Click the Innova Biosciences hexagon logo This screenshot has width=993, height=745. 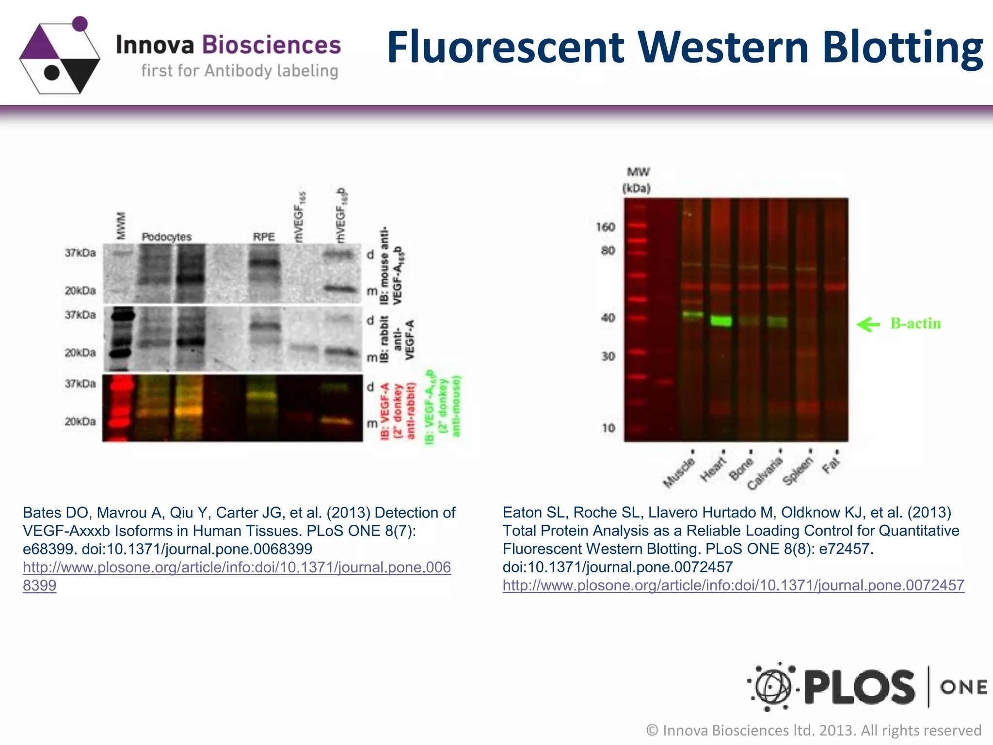click(x=59, y=56)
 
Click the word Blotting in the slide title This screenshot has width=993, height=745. click(x=902, y=48)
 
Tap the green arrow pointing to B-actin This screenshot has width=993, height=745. click(x=868, y=324)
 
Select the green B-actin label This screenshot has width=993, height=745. click(x=915, y=324)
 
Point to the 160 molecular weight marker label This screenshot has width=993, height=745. click(x=605, y=227)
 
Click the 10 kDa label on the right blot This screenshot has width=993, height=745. click(x=608, y=428)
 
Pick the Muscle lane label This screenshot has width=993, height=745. click(x=679, y=472)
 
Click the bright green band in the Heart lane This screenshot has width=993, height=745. click(x=721, y=321)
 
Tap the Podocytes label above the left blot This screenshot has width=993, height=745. click(x=166, y=237)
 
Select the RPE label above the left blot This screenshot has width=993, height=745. click(x=264, y=237)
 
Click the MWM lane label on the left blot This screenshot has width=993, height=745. click(x=121, y=226)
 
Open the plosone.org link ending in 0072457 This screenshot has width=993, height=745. click(x=733, y=585)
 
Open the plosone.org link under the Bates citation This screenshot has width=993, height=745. click(x=237, y=567)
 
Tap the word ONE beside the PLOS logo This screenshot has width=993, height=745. click(x=963, y=687)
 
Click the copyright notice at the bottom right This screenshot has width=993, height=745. click(x=814, y=730)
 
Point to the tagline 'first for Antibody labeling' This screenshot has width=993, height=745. click(x=240, y=71)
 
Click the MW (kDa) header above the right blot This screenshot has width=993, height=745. click(x=637, y=180)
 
